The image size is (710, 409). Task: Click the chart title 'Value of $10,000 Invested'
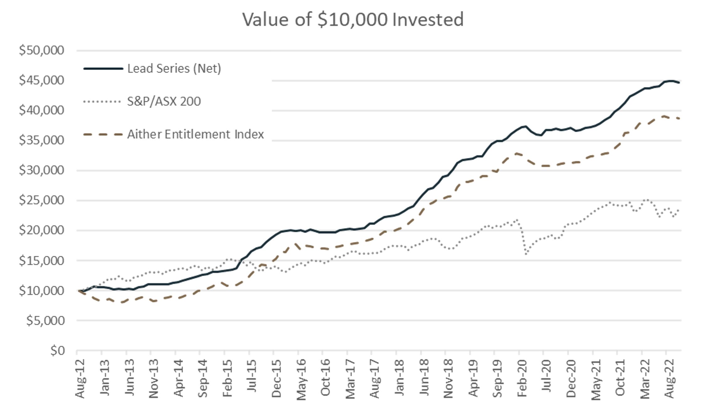353,19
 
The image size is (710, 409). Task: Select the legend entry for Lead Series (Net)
174,68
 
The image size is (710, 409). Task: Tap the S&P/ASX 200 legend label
164,101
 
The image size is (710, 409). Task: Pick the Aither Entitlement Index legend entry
195,134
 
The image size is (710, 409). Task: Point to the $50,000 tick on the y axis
41,50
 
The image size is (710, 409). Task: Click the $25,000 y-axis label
41,200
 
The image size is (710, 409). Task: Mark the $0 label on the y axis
57,350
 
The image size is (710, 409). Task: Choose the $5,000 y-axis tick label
45,321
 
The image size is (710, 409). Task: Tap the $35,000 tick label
41,140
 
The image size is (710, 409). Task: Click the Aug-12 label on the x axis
80,379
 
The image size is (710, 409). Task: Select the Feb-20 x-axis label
522,379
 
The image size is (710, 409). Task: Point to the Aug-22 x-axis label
669,379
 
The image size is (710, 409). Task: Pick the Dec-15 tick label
276,379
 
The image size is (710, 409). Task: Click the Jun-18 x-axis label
424,379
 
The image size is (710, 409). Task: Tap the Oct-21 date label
620,379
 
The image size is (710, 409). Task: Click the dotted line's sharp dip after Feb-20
526,253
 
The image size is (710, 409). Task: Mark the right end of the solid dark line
679,82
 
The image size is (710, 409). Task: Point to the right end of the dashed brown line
679,119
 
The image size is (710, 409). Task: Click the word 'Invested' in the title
427,19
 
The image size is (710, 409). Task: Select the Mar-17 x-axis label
350,379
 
